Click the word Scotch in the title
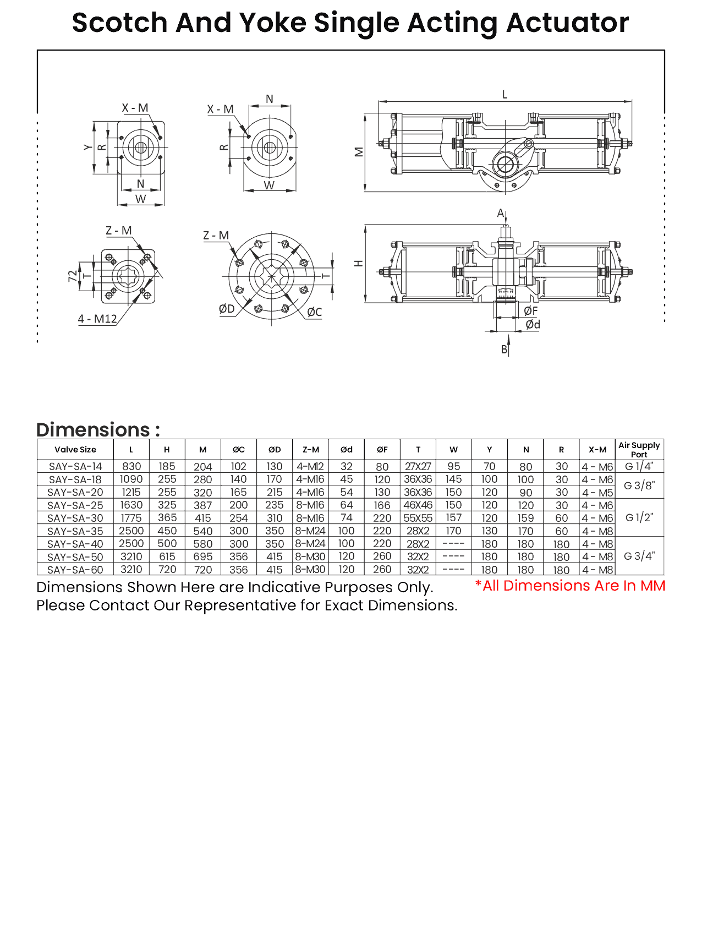tap(120, 23)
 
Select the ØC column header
tap(238, 450)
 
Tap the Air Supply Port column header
tap(639, 449)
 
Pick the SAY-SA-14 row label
tap(75, 466)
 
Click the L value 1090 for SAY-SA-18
tap(131, 479)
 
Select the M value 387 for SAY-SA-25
tap(203, 505)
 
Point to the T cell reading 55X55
tap(418, 518)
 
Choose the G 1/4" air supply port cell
tap(639, 466)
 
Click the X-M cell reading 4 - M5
tap(597, 493)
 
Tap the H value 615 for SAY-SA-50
tap(167, 556)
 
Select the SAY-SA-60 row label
tap(75, 570)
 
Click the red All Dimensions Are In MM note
tap(570, 586)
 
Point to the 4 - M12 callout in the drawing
tap(97, 319)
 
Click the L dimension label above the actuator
tap(504, 95)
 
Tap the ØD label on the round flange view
tap(227, 309)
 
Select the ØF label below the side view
tap(531, 311)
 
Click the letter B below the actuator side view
tap(504, 350)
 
